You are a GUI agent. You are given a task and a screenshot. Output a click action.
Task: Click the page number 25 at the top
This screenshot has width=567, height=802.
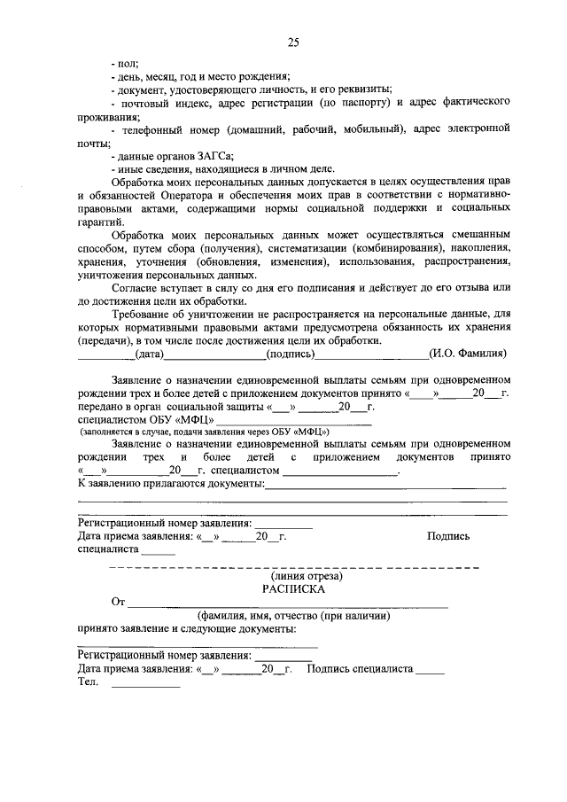[293, 42]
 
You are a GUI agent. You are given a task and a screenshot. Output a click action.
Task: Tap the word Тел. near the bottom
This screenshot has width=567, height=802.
[87, 682]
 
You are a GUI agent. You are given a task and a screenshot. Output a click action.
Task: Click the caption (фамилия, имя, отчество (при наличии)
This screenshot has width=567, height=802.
[293, 615]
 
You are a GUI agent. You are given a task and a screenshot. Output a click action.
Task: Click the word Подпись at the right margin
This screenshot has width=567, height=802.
[448, 536]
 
